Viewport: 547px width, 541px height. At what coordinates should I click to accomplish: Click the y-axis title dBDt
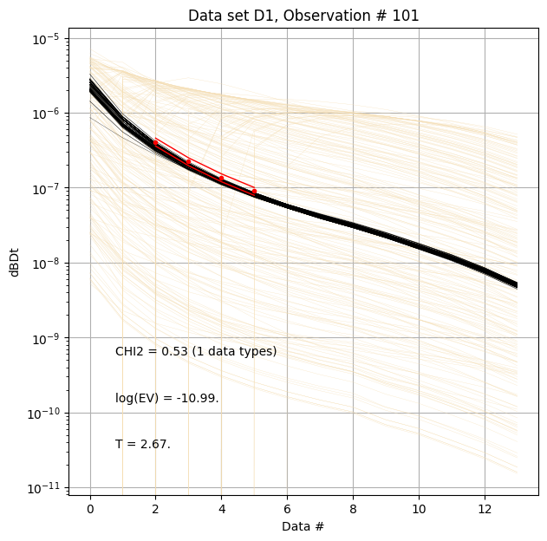(15, 259)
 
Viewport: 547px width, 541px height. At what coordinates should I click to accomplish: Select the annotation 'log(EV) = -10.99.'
(166, 398)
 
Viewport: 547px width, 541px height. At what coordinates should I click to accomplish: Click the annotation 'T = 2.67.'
(143, 444)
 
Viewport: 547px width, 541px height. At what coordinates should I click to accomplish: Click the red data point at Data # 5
(254, 192)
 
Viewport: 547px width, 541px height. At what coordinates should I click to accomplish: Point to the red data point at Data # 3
(188, 161)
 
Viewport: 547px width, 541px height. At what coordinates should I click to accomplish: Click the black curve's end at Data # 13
(517, 285)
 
